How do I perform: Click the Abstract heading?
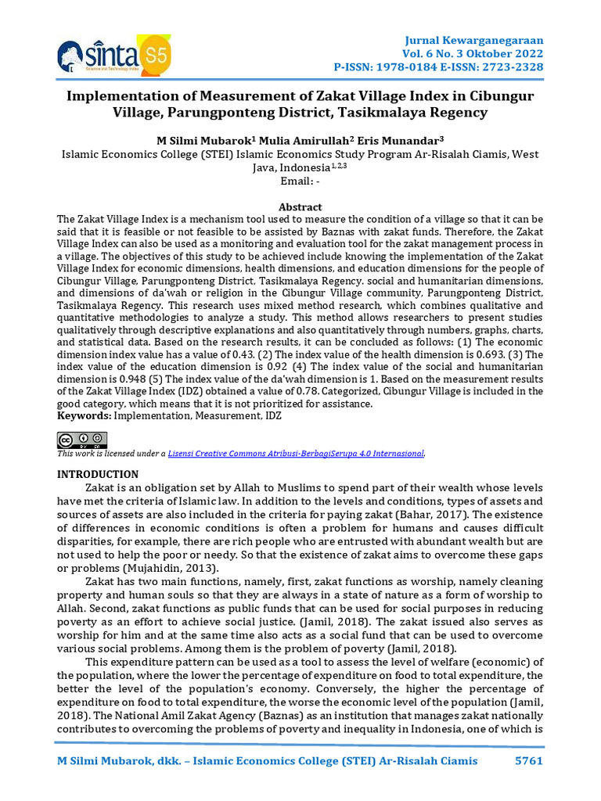pos(300,207)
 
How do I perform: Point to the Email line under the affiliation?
pos(300,181)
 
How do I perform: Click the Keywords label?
pos(85,416)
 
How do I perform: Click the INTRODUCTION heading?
pos(98,474)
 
